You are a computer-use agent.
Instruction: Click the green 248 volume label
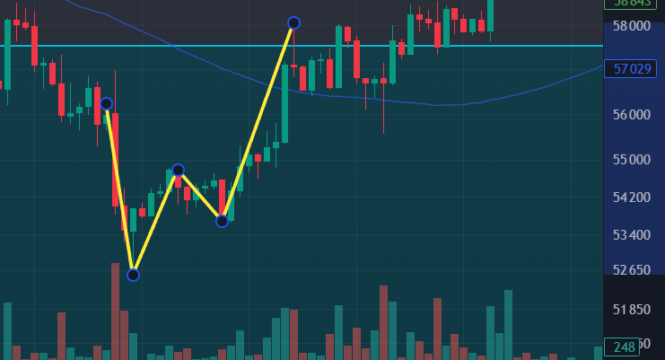coord(621,347)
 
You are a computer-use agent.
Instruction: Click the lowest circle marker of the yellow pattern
coord(133,275)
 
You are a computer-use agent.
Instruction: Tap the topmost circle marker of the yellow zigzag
coord(293,22)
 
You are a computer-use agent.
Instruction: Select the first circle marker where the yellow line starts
coord(106,104)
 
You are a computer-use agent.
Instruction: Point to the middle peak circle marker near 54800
coord(178,170)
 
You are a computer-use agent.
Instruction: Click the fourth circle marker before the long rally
coord(222,221)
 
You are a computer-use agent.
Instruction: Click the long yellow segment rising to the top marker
coord(258,121)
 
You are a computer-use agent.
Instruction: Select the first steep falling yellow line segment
coord(119,189)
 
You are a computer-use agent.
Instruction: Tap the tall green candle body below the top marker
coord(284,103)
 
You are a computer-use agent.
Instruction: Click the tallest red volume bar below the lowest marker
coord(115,311)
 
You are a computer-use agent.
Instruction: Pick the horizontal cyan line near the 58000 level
coord(449,46)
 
